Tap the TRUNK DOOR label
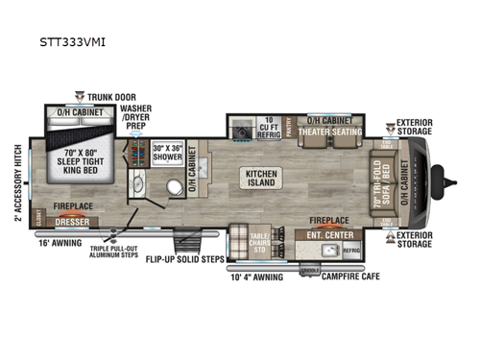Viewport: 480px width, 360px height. pyautogui.click(x=114, y=97)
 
